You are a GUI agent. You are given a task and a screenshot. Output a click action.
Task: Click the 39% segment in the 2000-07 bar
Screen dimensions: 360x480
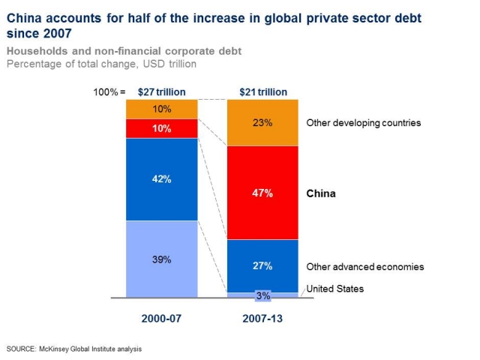tap(161, 259)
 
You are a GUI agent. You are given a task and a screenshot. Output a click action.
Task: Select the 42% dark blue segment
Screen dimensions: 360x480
tap(161, 179)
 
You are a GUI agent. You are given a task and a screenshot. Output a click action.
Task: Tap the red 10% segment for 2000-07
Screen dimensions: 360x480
tap(161, 128)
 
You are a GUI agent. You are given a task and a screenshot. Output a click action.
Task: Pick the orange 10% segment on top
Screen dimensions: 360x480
tap(161, 109)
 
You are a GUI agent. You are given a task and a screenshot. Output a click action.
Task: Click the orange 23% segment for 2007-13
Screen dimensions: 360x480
tap(262, 123)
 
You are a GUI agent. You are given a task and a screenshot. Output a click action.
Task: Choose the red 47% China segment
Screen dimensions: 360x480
tap(262, 193)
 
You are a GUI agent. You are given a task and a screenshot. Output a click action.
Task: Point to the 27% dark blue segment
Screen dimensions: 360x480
tap(262, 265)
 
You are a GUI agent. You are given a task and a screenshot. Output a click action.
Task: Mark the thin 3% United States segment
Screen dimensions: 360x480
tap(262, 295)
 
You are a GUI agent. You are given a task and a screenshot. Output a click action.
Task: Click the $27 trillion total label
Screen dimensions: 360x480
tap(161, 92)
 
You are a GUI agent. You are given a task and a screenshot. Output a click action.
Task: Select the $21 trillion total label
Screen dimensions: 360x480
tap(262, 92)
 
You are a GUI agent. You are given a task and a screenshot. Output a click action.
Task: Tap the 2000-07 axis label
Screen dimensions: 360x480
tap(161, 318)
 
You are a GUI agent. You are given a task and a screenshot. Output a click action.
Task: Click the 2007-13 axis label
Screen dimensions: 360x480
tap(262, 318)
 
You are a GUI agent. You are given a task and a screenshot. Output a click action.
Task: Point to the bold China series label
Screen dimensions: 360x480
tap(321, 193)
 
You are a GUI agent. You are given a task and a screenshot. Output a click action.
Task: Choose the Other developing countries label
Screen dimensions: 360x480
tap(364, 123)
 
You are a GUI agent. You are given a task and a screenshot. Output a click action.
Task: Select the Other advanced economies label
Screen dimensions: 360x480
tap(365, 266)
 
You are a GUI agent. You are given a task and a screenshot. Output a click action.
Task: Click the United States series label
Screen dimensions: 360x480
tap(334, 289)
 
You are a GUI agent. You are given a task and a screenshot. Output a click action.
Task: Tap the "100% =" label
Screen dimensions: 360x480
tap(107, 92)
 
